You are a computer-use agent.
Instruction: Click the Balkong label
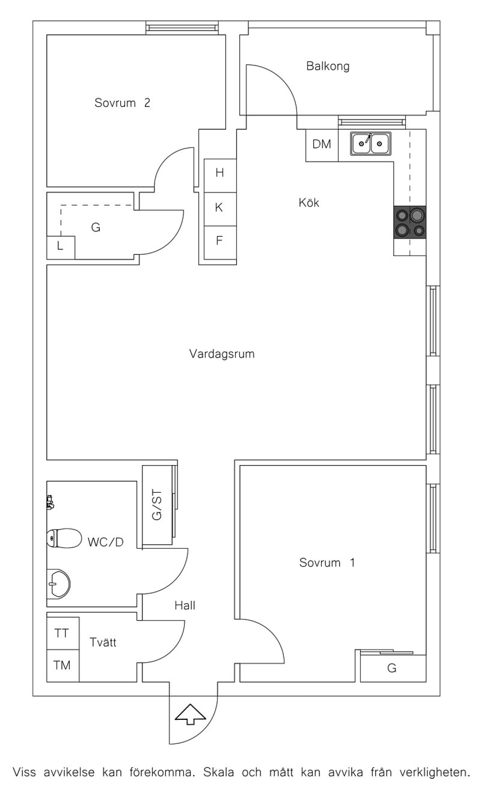coord(328,66)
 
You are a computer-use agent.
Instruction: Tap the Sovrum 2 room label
coord(122,103)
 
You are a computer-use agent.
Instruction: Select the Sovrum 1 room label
coord(327,562)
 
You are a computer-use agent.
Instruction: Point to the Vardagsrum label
coord(222,354)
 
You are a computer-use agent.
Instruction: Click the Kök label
coord(309,202)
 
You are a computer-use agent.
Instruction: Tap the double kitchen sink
coord(371,143)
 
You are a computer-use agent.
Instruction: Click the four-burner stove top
coord(410,222)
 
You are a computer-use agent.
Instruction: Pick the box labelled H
coord(220,176)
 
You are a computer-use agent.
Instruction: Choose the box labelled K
coord(220,209)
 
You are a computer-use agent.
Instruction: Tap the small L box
coord(61,248)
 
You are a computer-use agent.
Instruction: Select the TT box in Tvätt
coord(63,633)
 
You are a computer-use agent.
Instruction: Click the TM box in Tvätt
coord(63,666)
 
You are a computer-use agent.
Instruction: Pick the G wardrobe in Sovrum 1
coord(393,668)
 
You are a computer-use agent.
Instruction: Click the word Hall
coord(185,605)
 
